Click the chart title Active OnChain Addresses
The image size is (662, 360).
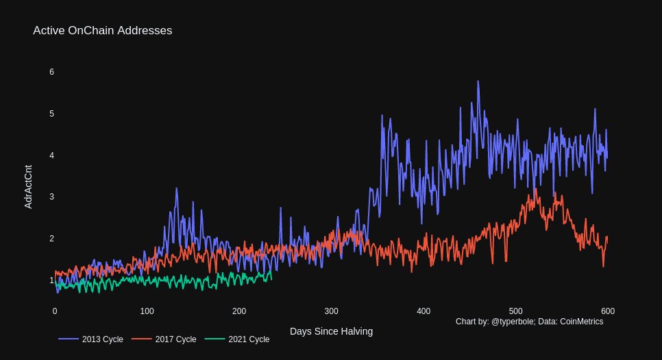102,31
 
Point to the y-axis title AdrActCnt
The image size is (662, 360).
28,187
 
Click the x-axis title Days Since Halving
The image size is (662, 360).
331,331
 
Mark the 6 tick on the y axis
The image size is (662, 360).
51,72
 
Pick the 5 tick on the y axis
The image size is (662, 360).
51,114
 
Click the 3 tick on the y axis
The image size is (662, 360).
51,197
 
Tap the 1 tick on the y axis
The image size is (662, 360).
51,280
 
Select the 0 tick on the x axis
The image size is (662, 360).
55,311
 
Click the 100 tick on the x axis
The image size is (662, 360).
147,311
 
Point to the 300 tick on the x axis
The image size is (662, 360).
331,311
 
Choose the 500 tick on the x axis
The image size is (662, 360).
515,311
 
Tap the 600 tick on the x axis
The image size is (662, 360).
607,311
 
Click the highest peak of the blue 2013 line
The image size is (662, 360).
478,81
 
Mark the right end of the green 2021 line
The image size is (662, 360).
271,278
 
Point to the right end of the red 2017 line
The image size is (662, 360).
607,237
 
